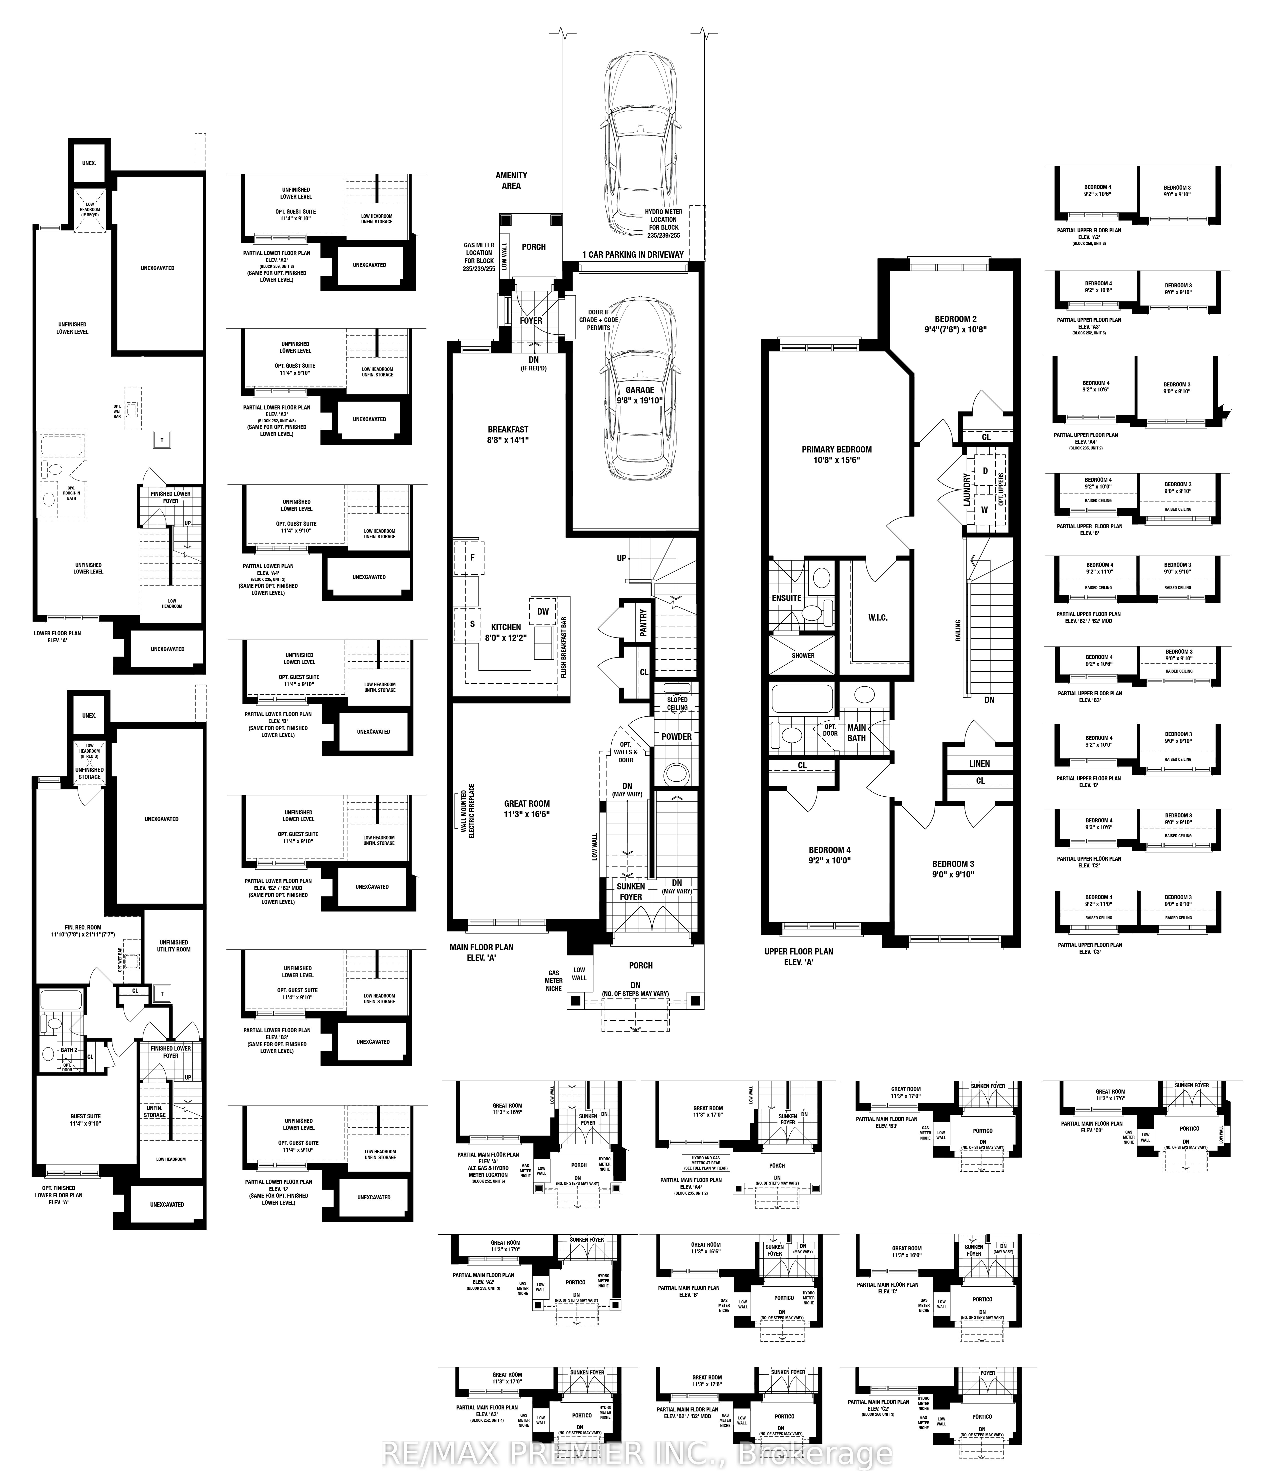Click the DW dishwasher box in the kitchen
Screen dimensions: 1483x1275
point(543,611)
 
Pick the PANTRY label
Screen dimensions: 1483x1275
point(643,623)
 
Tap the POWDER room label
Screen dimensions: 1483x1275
point(676,736)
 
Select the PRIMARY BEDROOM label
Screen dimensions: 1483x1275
point(836,454)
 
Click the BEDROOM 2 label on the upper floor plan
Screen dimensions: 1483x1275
point(955,324)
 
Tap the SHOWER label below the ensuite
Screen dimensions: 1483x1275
point(803,656)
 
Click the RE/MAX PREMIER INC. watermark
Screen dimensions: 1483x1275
point(637,1453)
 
